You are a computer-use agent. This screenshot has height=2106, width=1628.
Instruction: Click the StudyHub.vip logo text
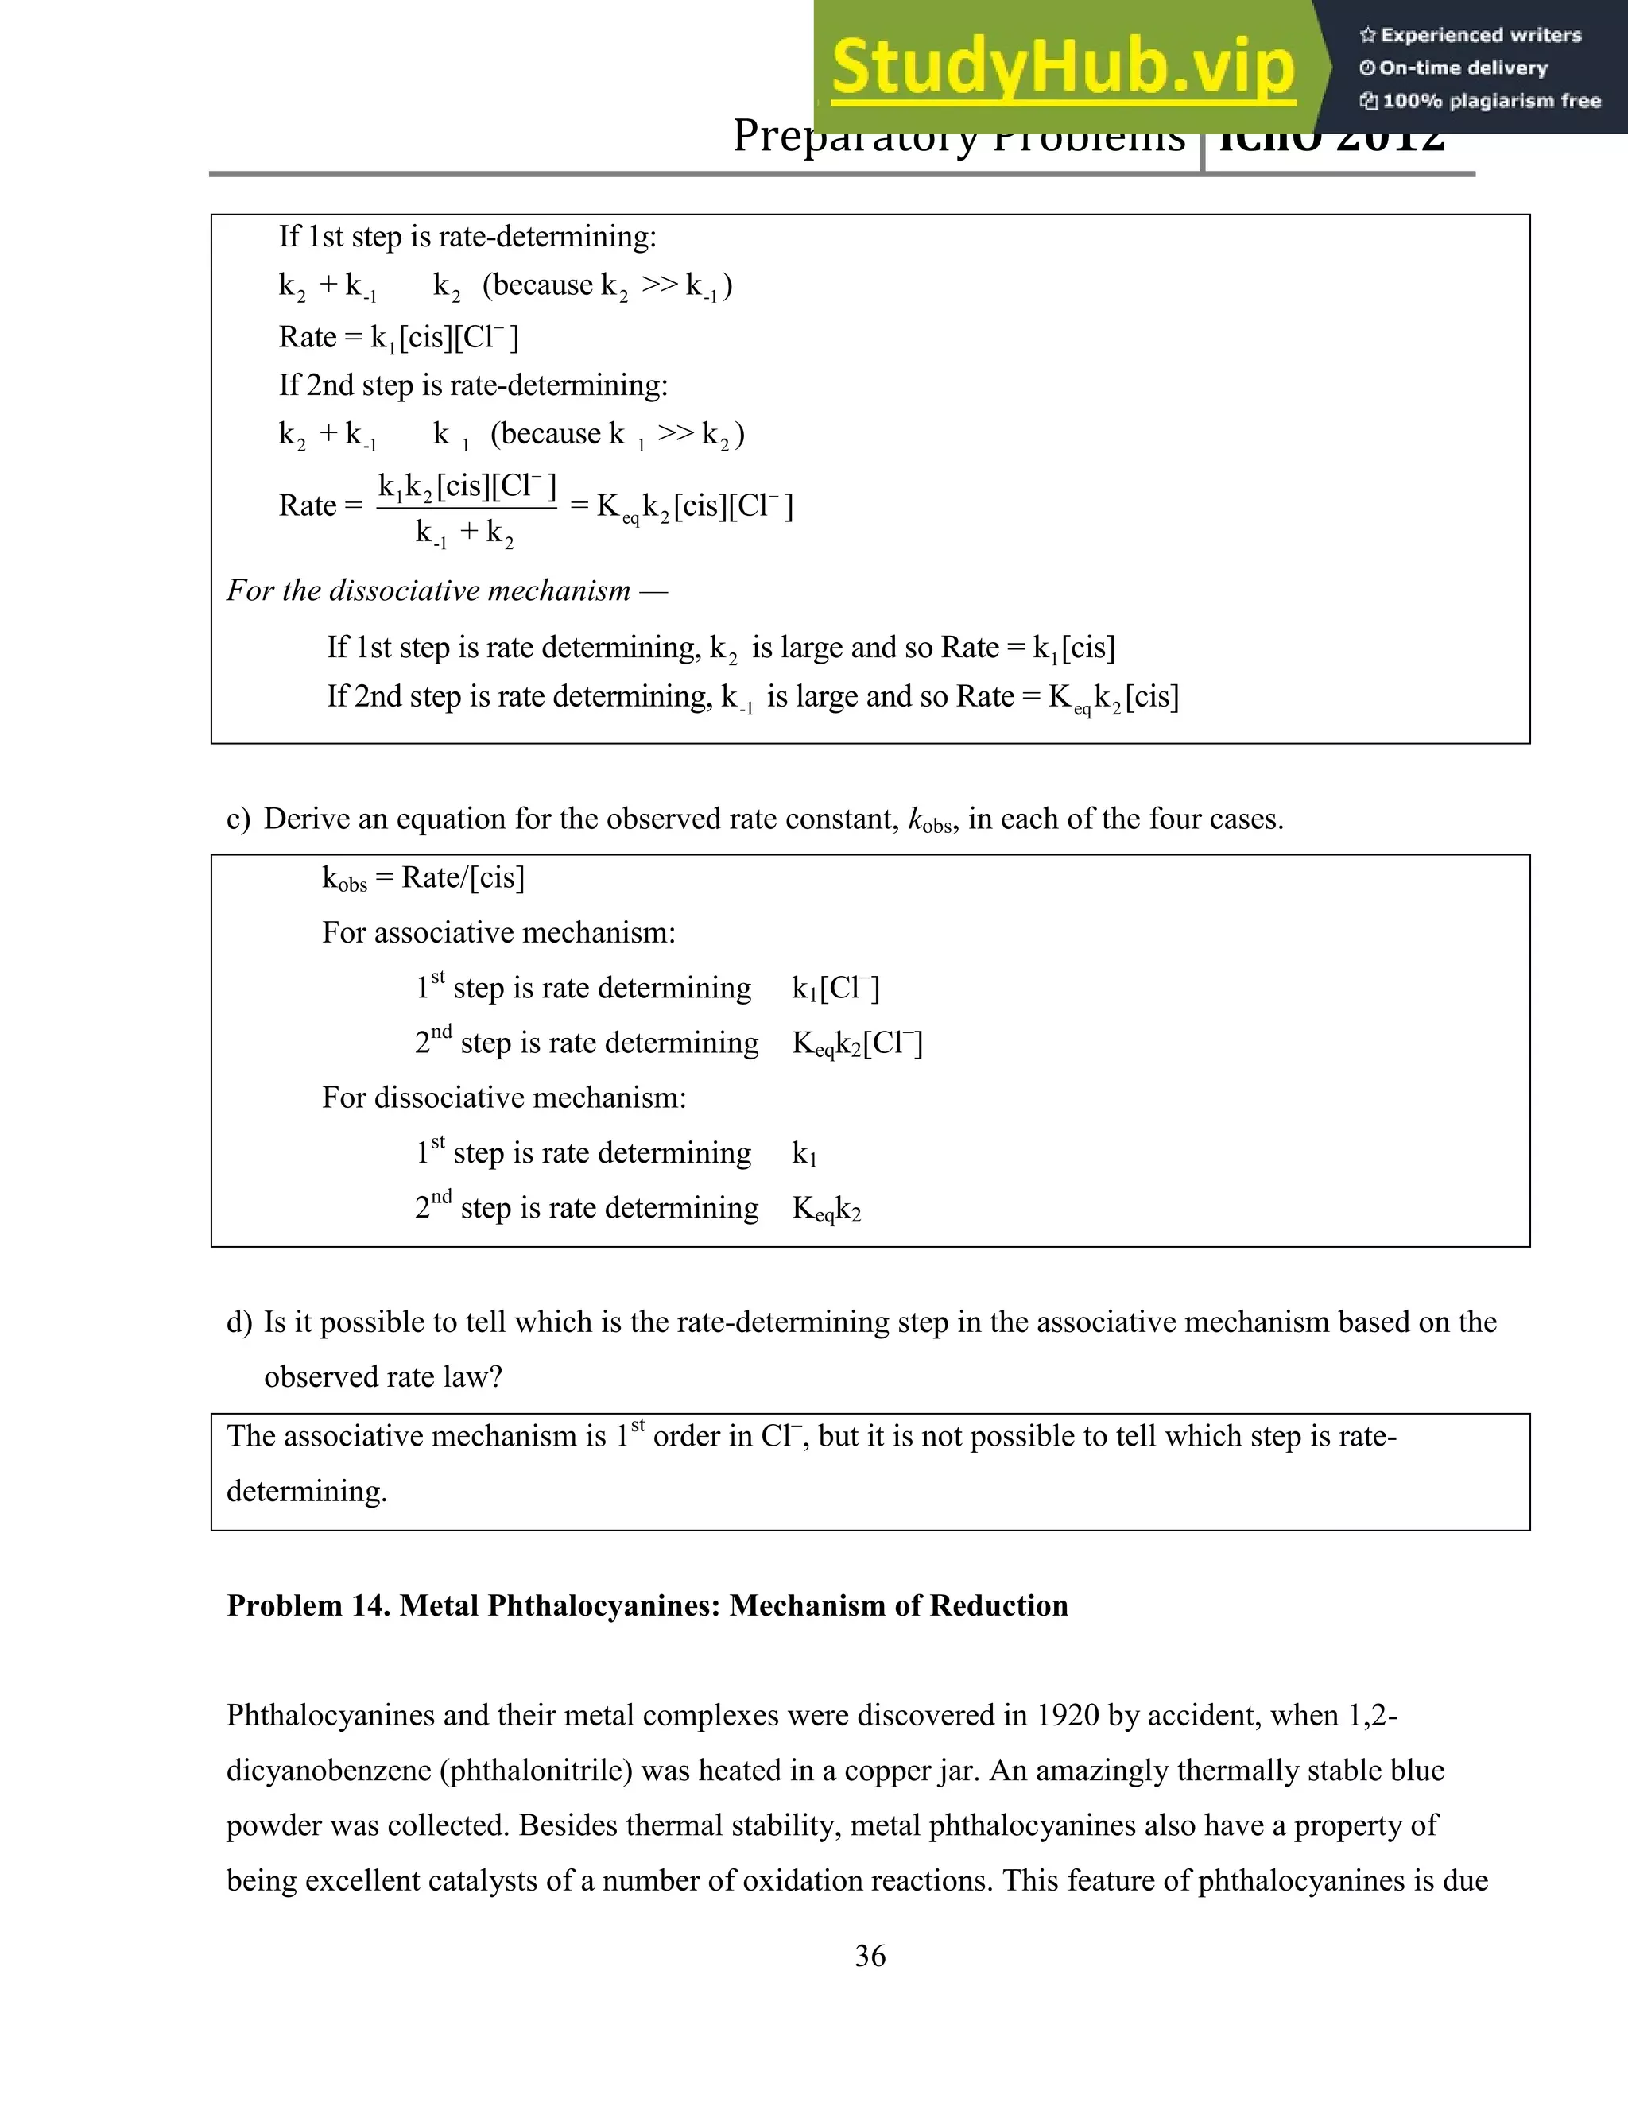[1062, 68]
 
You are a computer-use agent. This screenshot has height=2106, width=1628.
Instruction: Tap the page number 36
[870, 1956]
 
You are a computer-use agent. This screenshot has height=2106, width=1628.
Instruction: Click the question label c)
[238, 819]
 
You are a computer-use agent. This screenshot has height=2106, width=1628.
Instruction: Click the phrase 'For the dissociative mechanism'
[428, 590]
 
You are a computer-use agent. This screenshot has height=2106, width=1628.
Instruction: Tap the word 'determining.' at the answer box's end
[307, 1491]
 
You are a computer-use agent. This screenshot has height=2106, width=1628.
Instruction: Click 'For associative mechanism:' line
[498, 932]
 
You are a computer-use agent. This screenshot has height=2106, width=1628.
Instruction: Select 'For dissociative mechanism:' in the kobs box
[503, 1098]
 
